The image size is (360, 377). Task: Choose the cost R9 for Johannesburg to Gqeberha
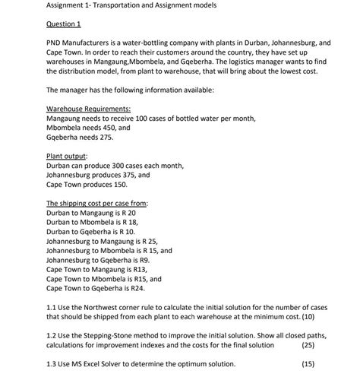click(x=158, y=261)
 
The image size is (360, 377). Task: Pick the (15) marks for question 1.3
click(x=308, y=363)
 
